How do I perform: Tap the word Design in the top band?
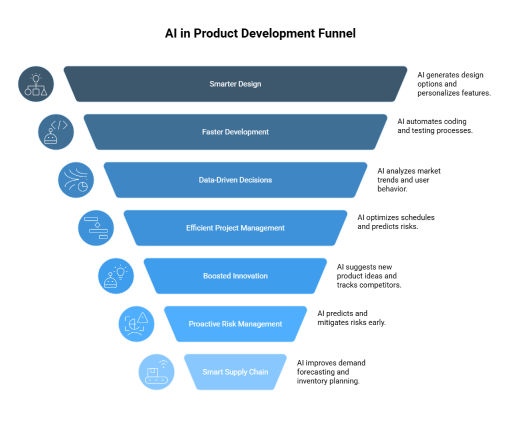point(249,84)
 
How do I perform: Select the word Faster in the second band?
point(213,132)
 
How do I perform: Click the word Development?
point(247,132)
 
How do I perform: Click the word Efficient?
point(200,228)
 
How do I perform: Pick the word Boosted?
point(217,276)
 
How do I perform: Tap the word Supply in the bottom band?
point(236,372)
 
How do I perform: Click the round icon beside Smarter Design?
point(36,84)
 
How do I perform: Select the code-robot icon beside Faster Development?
point(56,132)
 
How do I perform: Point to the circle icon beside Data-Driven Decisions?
point(76,180)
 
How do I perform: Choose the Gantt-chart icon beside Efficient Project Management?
point(96,228)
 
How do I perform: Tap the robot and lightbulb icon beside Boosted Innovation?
point(116,276)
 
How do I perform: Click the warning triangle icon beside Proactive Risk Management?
point(136,324)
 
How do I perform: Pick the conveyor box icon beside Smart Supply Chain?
point(156,372)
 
